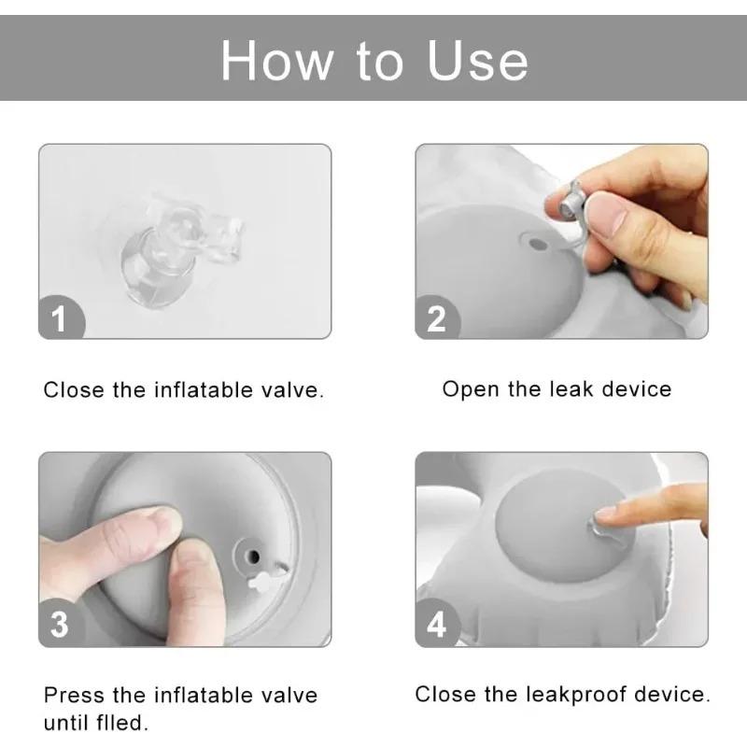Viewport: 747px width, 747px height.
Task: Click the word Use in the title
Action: (x=478, y=61)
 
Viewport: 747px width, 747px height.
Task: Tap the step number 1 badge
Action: (x=61, y=317)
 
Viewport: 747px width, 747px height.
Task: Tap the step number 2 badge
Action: (x=437, y=317)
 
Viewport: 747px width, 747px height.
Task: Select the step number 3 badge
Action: (x=60, y=624)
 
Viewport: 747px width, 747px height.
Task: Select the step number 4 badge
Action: (x=437, y=624)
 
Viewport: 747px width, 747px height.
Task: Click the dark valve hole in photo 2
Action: (x=539, y=245)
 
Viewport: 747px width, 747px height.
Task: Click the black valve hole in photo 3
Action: (x=254, y=556)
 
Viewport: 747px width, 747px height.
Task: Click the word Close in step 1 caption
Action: (x=74, y=390)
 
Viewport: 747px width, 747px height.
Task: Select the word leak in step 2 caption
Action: (x=571, y=389)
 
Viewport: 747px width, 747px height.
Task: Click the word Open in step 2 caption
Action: (x=472, y=390)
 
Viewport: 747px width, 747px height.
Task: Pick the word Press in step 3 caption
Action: (x=74, y=695)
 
